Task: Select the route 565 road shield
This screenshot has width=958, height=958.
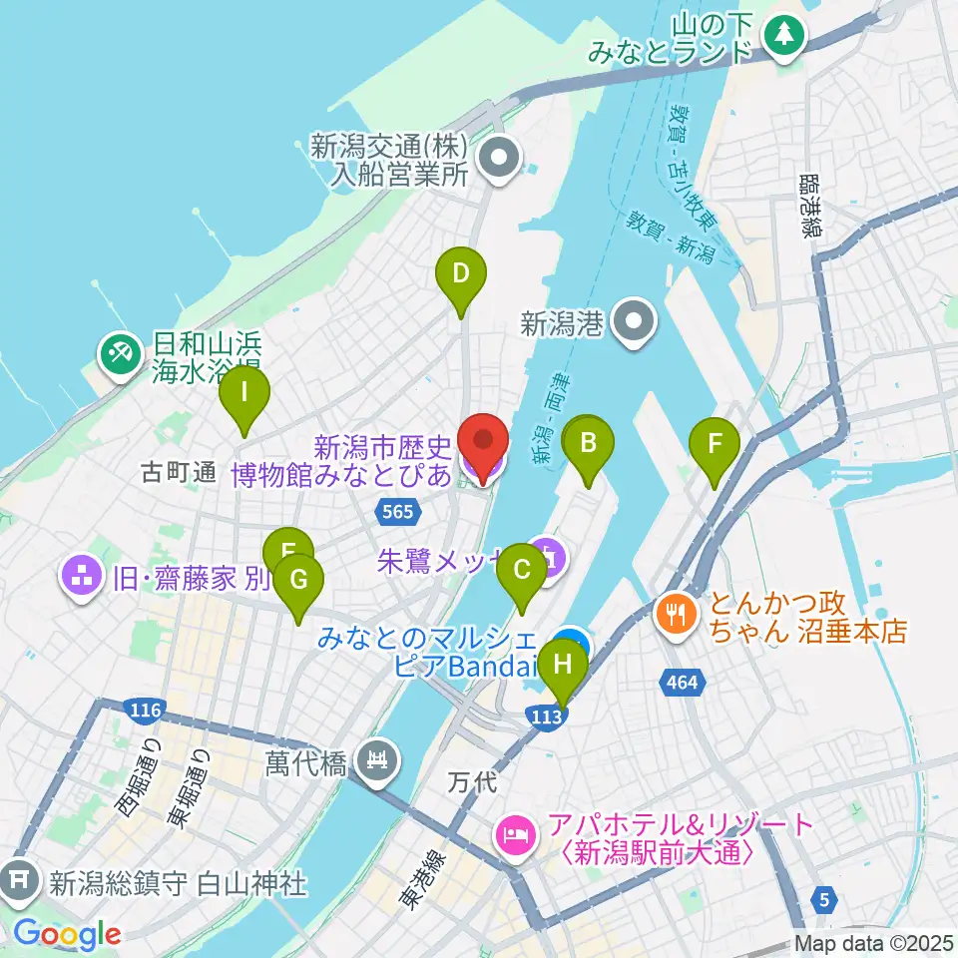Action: pos(397,512)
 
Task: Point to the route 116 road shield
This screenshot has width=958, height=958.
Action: pos(145,710)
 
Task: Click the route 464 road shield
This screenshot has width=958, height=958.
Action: pos(683,683)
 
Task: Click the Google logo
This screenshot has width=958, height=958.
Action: pos(67,935)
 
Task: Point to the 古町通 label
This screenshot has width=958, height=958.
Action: pos(179,473)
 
